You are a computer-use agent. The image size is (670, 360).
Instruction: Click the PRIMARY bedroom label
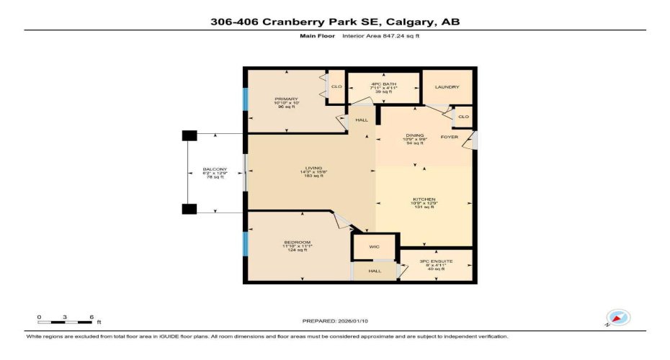point(286,99)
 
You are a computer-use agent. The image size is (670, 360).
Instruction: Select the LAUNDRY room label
point(447,87)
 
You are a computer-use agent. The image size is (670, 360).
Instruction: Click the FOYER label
point(450,137)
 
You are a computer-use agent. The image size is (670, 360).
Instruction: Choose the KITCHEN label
point(424,199)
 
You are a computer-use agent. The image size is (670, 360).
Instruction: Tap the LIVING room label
point(311,168)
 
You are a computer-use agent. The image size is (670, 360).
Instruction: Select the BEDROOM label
point(296,242)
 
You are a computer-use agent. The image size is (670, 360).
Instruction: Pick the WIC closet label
point(374,246)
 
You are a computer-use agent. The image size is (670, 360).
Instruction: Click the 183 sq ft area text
point(311,176)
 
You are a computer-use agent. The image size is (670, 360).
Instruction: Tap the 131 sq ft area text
point(424,207)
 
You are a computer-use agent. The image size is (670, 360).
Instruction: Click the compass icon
point(618,318)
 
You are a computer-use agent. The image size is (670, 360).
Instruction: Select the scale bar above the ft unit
point(66,317)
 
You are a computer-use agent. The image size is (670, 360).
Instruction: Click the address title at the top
point(335,22)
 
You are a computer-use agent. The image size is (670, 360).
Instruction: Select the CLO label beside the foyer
point(463,117)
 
